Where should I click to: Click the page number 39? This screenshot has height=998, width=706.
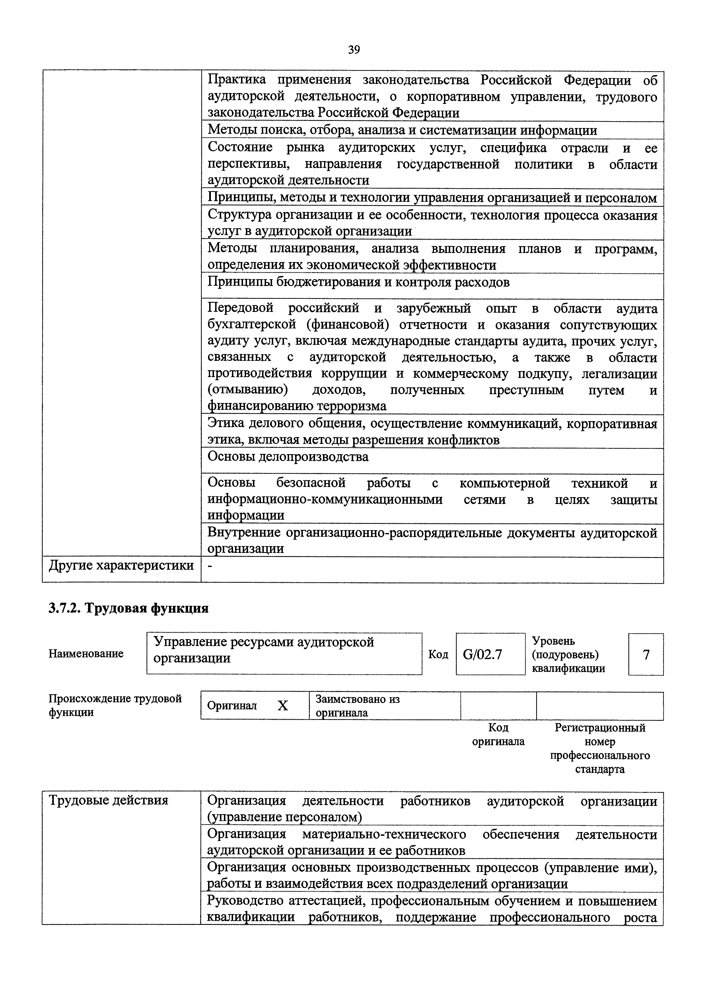coord(354,50)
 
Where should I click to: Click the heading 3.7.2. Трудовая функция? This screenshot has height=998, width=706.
coord(129,608)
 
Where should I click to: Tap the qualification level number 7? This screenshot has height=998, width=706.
coord(646,654)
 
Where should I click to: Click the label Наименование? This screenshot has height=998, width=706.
coord(86,653)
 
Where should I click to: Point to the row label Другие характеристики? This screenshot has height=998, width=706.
coord(121,565)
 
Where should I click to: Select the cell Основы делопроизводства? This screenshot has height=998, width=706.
coord(288,457)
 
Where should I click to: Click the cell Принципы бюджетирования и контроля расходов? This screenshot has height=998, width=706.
coord(358,283)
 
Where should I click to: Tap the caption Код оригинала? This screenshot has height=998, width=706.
coord(498,734)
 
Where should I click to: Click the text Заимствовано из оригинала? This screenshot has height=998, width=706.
coord(357,705)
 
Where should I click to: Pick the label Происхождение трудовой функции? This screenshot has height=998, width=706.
coord(115,705)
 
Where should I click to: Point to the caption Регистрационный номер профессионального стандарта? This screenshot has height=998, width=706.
coord(600,748)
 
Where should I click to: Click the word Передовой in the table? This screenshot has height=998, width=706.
coord(240,308)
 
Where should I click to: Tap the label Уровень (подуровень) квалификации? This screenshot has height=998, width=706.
coord(568,654)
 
